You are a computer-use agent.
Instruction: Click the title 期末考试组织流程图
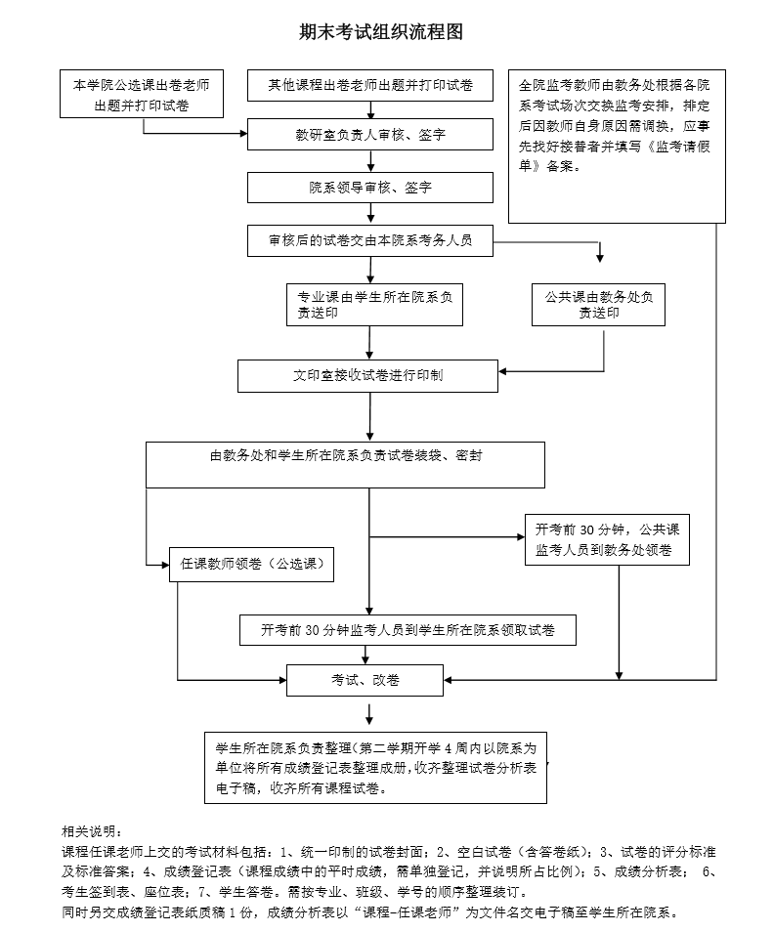pos(381,32)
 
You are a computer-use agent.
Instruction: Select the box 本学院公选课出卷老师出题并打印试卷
pos(142,94)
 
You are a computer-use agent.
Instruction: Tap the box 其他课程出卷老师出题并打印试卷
pos(369,86)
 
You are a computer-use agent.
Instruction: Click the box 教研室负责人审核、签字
pos(369,135)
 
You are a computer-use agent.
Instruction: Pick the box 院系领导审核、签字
pos(369,188)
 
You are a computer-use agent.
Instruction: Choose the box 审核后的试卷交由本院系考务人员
pos(369,240)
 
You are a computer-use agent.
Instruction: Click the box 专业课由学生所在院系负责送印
pos(374,305)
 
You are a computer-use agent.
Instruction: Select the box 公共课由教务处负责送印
pos(598,305)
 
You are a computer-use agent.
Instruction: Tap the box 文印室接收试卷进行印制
pos(367,376)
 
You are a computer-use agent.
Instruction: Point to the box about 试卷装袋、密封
pos(345,465)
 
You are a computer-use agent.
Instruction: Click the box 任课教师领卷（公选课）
pos(251,564)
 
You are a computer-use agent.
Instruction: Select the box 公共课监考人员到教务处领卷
pos(607,539)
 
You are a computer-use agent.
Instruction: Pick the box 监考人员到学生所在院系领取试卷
pos(408,630)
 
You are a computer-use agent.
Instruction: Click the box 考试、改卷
pos(365,680)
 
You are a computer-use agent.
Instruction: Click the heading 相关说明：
pos(92,831)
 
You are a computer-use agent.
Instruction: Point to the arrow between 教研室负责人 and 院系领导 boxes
pos(371,161)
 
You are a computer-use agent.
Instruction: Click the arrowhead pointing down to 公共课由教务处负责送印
pos(600,258)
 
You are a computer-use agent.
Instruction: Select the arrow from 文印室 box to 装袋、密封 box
pos(369,417)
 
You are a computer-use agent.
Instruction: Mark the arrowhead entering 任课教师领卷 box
pos(165,564)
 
